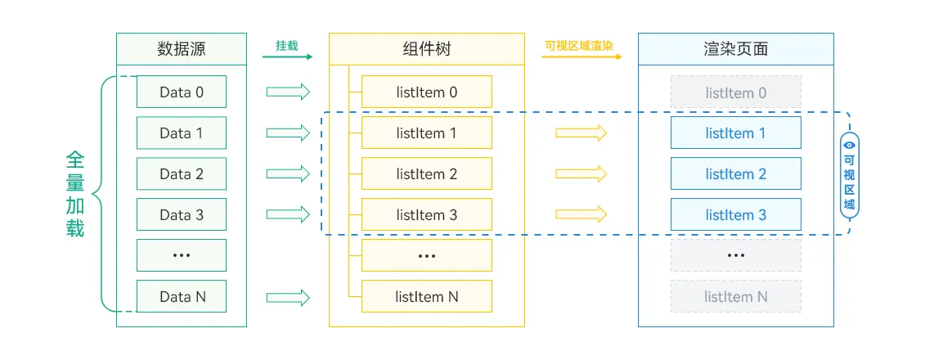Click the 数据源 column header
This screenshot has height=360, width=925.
(181, 49)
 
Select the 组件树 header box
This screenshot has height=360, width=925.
(426, 49)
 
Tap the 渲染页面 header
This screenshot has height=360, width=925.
(735, 49)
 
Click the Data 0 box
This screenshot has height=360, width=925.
(181, 92)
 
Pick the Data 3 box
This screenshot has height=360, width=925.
(181, 214)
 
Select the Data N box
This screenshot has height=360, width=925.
(181, 296)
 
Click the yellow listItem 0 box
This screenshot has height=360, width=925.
(426, 92)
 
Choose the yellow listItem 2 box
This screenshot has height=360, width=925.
(426, 173)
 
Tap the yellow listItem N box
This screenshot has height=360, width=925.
(426, 296)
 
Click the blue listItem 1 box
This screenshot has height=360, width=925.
(735, 133)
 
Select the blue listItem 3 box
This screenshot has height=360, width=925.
(735, 214)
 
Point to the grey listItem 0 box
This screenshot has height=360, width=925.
(735, 92)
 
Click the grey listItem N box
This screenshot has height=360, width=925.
(735, 296)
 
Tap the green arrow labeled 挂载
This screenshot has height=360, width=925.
(287, 57)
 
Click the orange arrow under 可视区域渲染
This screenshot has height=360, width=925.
(583, 57)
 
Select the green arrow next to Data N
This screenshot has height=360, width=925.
(288, 296)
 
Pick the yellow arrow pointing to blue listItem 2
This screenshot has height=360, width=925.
(581, 173)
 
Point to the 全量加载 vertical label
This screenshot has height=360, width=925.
(75, 195)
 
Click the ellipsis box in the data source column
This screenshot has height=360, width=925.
(181, 255)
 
